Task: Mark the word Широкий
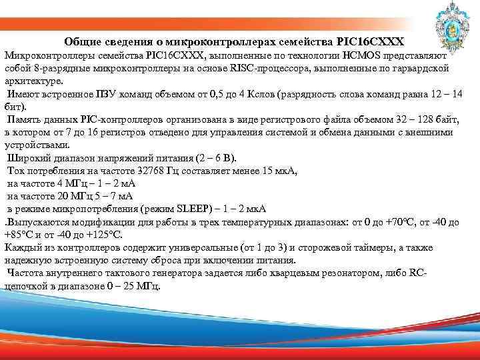pos(28,158)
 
